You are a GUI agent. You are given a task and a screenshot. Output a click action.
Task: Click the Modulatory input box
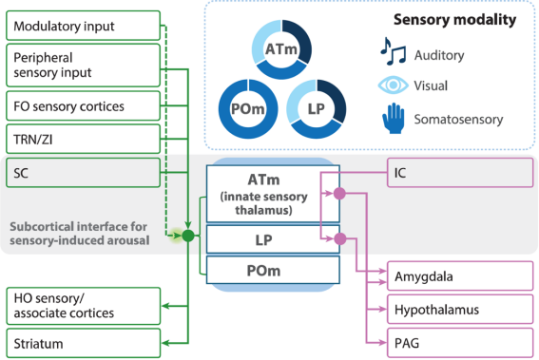click(x=84, y=26)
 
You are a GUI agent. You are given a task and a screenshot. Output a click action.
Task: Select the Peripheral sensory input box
click(x=84, y=66)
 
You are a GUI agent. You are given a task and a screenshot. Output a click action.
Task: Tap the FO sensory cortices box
click(x=84, y=105)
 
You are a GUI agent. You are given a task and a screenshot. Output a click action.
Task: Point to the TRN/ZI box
click(x=84, y=139)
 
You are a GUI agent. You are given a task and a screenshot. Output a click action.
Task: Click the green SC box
click(x=84, y=173)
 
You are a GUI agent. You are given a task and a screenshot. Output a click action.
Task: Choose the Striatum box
click(x=84, y=343)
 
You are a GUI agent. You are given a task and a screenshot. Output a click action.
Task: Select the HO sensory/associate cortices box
click(x=84, y=306)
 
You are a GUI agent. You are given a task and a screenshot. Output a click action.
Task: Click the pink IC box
click(x=460, y=173)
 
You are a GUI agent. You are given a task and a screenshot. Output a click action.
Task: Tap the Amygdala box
click(x=460, y=275)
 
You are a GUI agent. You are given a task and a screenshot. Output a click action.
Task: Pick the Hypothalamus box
click(x=460, y=309)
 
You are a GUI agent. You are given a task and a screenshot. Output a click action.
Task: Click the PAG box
click(x=460, y=343)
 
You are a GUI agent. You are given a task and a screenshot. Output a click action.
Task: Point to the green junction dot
click(x=188, y=236)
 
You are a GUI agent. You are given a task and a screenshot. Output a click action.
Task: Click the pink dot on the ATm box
click(x=339, y=194)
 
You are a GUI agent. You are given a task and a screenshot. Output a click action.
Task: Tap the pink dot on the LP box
click(x=340, y=238)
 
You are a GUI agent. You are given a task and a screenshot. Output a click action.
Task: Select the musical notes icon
click(x=393, y=51)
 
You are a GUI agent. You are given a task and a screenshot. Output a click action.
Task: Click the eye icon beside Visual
click(x=394, y=85)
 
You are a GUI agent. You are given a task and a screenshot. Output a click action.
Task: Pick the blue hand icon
click(x=394, y=118)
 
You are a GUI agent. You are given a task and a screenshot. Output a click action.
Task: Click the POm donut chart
click(x=248, y=109)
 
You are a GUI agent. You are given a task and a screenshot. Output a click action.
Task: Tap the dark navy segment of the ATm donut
click(x=298, y=41)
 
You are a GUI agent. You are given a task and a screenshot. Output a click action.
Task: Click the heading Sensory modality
click(x=454, y=20)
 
